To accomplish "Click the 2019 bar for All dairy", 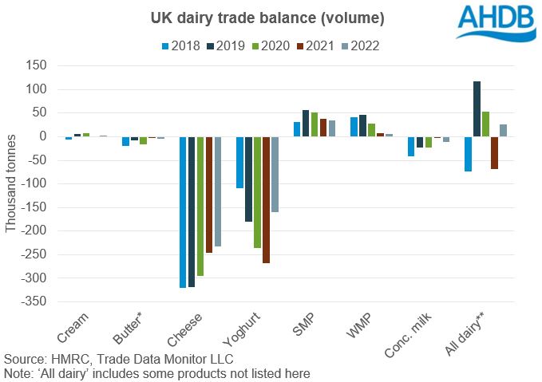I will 477,108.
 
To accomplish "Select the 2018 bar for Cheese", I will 183,211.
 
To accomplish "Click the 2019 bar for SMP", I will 306,123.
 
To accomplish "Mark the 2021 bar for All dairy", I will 495,152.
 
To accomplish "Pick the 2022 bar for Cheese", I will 219,191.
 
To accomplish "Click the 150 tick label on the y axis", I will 37,65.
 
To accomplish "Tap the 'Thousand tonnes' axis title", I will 11,184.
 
